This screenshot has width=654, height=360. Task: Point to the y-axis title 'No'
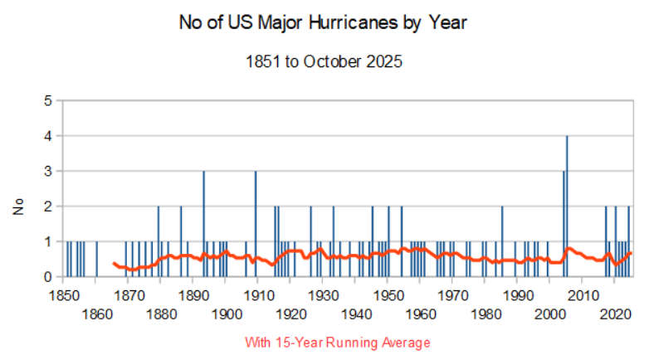pyautogui.click(x=17, y=207)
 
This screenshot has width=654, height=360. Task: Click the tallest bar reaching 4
pyautogui.click(x=567, y=206)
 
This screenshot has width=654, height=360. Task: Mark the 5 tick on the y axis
pyautogui.click(x=47, y=100)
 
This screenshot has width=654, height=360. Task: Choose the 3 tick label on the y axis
pyautogui.click(x=47, y=171)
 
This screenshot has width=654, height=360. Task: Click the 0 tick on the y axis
pyautogui.click(x=47, y=276)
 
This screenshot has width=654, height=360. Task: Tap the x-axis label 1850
pyautogui.click(x=63, y=295)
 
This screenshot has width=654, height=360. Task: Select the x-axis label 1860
pyautogui.click(x=96, y=314)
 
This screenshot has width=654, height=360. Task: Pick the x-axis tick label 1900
pyautogui.click(x=226, y=314)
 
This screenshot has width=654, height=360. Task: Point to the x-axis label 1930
pyautogui.click(x=323, y=295)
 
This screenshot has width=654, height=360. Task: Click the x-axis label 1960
pyautogui.click(x=421, y=314)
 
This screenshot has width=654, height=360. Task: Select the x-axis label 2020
pyautogui.click(x=615, y=314)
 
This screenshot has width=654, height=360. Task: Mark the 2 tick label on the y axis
pyautogui.click(x=47, y=206)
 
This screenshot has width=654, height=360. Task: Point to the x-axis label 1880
pyautogui.click(x=161, y=314)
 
